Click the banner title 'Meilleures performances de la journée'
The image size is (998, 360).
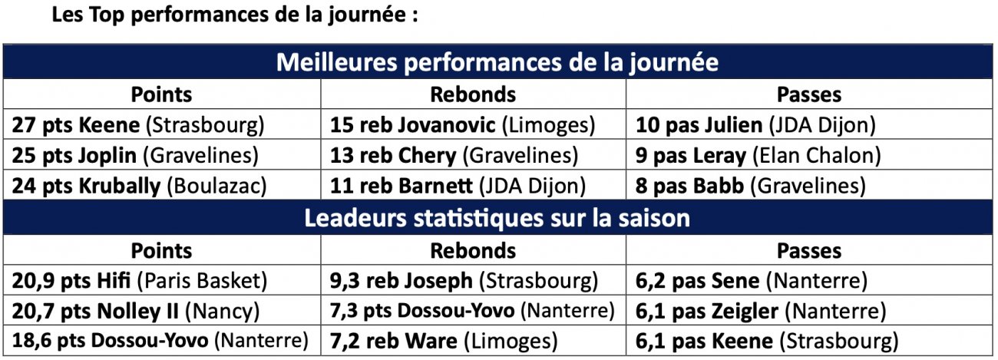pos(497,63)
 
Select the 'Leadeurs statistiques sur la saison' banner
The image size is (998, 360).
pos(497,219)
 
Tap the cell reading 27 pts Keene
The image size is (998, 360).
pos(138,125)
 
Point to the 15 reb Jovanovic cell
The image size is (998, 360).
pos(462,125)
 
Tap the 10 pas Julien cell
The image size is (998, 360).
pos(755,125)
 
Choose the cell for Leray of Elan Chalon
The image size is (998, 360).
pos(758,156)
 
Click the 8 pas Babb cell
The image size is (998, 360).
pos(751,187)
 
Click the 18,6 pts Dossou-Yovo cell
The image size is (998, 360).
pos(160,342)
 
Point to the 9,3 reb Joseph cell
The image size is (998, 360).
pos(464,281)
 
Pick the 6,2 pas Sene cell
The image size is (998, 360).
pos(752,281)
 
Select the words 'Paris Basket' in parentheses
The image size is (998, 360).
pos(203,281)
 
